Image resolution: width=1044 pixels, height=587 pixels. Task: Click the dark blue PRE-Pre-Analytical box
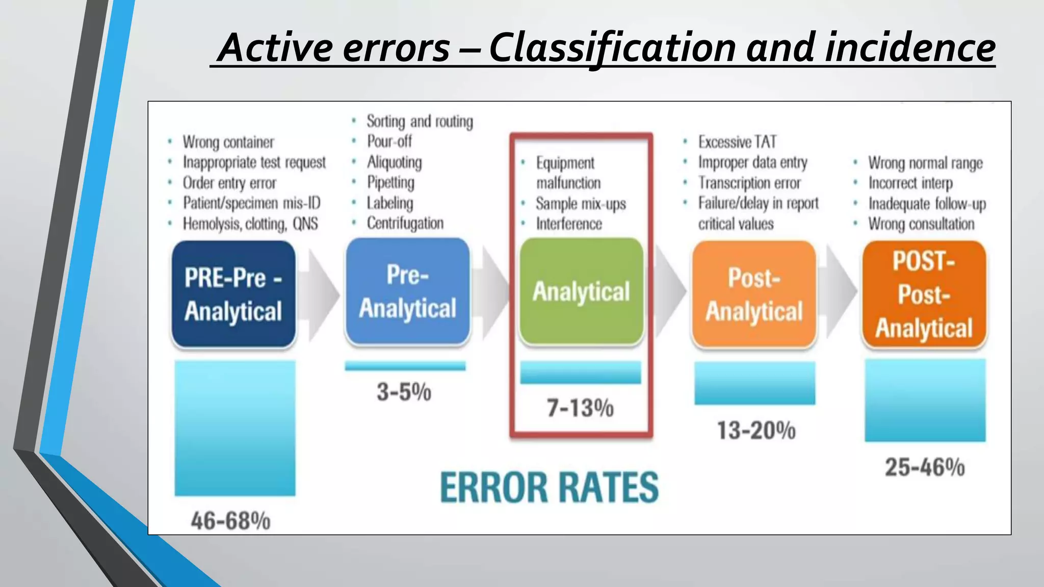point(233,295)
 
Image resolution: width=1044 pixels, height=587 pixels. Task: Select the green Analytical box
point(581,291)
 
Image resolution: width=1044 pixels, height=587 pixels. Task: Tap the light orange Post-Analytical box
point(754,295)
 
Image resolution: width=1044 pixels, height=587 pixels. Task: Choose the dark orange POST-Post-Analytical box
point(924,295)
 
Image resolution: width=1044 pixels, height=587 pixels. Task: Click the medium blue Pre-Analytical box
point(407,291)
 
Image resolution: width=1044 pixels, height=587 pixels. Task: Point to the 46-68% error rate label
point(230,521)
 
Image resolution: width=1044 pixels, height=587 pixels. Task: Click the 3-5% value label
point(404,392)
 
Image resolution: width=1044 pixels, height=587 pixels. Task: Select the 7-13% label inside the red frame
point(580,408)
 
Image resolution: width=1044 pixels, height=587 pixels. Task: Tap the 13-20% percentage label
point(756,431)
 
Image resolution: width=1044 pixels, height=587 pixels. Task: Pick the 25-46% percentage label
point(925,467)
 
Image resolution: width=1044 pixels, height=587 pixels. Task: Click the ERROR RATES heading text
point(549,487)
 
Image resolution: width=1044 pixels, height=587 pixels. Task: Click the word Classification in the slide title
point(612,48)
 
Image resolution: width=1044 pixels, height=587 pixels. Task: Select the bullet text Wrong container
point(228,142)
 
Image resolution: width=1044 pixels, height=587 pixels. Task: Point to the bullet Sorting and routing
point(420,121)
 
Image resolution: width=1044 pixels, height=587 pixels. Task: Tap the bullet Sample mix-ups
point(581,204)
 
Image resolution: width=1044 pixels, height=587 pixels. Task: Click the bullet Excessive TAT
point(737,142)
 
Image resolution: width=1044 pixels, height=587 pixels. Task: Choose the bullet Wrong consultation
point(921,224)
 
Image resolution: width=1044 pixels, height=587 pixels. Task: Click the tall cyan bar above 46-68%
point(235,428)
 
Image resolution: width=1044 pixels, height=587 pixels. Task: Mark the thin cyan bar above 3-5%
point(405,366)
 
